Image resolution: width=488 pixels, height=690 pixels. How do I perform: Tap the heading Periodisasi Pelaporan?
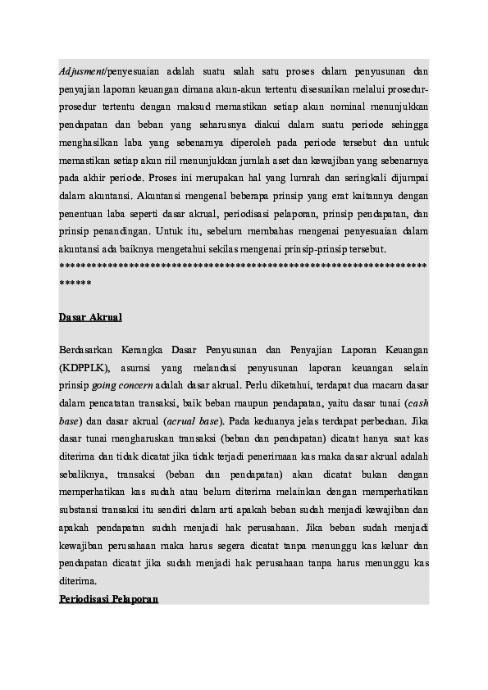tap(108, 599)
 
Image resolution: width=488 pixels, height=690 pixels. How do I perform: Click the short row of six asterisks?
tap(75, 283)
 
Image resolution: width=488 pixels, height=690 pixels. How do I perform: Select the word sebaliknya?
tap(86, 474)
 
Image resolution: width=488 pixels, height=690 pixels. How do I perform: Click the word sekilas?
tap(217, 248)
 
